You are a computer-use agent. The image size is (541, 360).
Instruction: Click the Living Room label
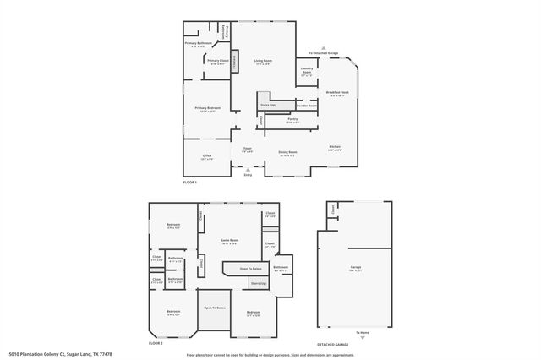pyautogui.click(x=263, y=62)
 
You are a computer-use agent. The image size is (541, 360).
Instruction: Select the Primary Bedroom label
pyautogui.click(x=208, y=108)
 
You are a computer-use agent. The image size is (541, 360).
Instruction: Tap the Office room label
pyautogui.click(x=206, y=156)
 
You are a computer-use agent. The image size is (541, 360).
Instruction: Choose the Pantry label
pyautogui.click(x=292, y=121)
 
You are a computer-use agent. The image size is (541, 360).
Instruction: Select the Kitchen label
pyautogui.click(x=335, y=148)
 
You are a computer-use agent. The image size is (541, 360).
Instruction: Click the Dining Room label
pyautogui.click(x=287, y=154)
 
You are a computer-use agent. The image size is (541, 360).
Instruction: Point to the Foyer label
pyautogui.click(x=248, y=150)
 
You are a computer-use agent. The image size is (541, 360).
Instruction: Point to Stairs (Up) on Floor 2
pyautogui.click(x=258, y=283)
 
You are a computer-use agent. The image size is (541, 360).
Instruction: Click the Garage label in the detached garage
pyautogui.click(x=355, y=269)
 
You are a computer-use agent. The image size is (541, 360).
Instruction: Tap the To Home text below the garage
pyautogui.click(x=362, y=332)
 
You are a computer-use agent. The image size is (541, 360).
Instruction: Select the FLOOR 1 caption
pyautogui.click(x=189, y=183)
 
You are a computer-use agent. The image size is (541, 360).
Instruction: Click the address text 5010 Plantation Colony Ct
pyautogui.click(x=60, y=354)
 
